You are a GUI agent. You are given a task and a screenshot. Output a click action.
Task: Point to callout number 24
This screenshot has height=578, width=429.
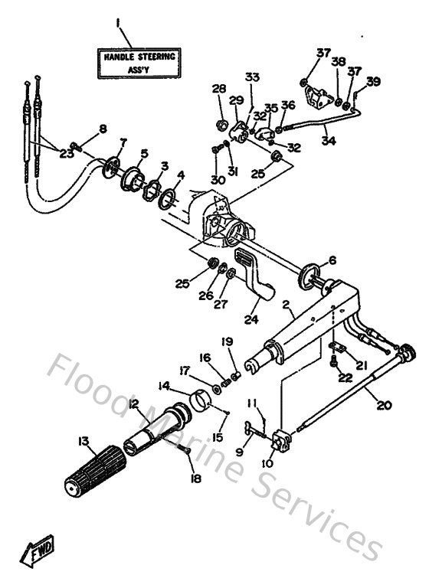pyautogui.click(x=251, y=320)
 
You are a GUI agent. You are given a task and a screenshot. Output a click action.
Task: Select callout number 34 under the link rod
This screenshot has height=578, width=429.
pyautogui.click(x=327, y=141)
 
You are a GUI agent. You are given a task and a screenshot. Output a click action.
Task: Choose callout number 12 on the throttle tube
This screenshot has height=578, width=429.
pyautogui.click(x=133, y=404)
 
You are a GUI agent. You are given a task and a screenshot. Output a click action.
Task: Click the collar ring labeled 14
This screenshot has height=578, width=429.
pyautogui.click(x=201, y=399)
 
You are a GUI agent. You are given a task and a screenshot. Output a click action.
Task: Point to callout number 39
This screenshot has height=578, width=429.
pyautogui.click(x=372, y=81)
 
